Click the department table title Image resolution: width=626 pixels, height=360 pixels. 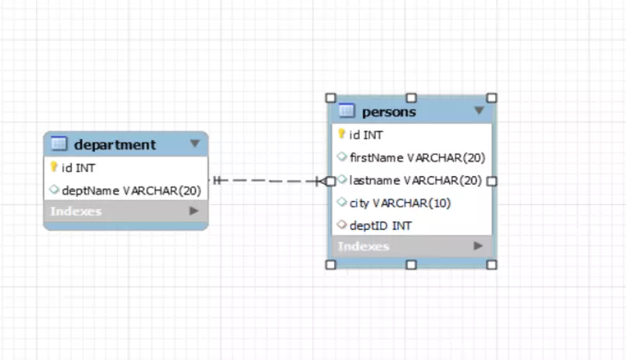coord(115,144)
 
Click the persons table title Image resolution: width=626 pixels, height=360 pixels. coord(389,112)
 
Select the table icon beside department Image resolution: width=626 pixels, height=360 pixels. coord(58,143)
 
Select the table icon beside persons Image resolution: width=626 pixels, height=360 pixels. coord(347,111)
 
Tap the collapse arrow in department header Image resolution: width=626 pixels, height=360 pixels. coord(195,144)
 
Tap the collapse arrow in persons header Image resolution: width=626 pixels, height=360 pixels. coord(479,111)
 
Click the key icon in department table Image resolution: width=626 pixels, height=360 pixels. coord(54,167)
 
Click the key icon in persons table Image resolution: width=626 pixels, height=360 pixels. coord(342,134)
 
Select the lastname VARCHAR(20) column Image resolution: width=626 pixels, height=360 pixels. coord(416,180)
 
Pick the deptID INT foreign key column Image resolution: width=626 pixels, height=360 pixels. coord(380,225)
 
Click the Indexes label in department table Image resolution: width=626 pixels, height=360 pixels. coord(76,211)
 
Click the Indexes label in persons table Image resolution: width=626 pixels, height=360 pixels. coord(364,247)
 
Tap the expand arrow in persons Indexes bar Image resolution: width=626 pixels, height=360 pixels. coord(478,247)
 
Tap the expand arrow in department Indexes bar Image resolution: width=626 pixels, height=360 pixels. coord(194,211)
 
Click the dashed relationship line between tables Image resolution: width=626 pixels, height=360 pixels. coord(266,181)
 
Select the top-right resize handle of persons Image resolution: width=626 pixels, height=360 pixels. coord(491,98)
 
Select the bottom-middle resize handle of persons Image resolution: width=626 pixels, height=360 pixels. coord(411,265)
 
